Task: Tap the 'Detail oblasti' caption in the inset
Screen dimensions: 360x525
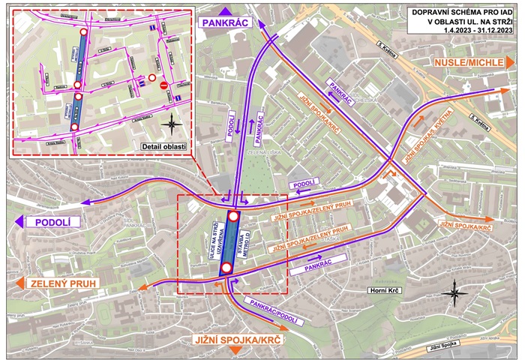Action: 164,145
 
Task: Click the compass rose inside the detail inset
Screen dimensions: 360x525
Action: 171,123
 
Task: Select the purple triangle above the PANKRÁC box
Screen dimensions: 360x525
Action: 226,9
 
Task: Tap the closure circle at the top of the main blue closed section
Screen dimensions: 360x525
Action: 233,217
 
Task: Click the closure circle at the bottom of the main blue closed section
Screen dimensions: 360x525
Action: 226,279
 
